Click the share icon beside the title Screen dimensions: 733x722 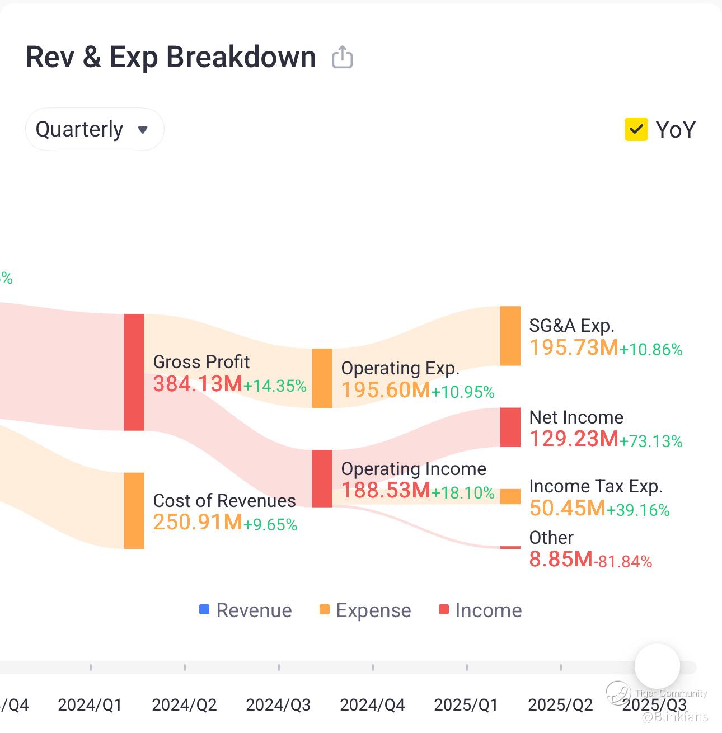click(x=342, y=57)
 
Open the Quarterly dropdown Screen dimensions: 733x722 click(x=94, y=129)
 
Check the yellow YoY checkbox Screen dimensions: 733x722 click(x=636, y=129)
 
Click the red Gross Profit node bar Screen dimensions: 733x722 click(x=134, y=372)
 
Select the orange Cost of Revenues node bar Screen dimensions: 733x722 click(x=134, y=510)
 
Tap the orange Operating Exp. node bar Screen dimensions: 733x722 click(x=322, y=378)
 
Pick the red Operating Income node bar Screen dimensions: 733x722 click(x=322, y=478)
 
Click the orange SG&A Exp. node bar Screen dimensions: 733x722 click(x=510, y=336)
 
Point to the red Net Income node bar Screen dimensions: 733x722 click(x=510, y=427)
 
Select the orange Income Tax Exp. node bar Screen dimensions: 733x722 click(x=510, y=496)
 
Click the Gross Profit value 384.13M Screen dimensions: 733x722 click(x=198, y=384)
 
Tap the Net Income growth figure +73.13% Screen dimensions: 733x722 click(x=651, y=441)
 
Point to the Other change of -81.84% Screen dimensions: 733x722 click(x=623, y=561)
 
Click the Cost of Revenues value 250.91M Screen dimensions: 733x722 click(x=198, y=522)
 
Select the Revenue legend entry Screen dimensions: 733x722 click(x=246, y=610)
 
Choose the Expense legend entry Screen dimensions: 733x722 click(x=365, y=610)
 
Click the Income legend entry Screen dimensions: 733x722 click(x=480, y=610)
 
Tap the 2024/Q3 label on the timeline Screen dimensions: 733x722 click(x=278, y=704)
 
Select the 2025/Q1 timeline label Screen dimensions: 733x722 click(x=466, y=704)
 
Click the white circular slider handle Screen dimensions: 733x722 click(x=657, y=666)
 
